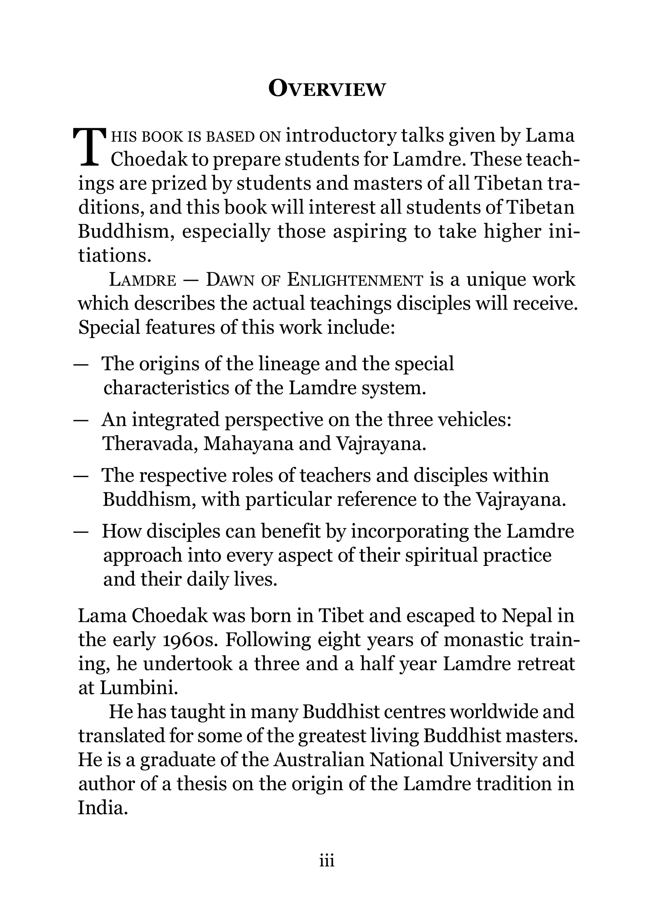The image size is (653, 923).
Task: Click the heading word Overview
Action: [326, 89]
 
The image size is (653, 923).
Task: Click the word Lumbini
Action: [139, 688]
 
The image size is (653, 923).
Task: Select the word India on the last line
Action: [103, 808]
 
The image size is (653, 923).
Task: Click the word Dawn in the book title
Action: [231, 280]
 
